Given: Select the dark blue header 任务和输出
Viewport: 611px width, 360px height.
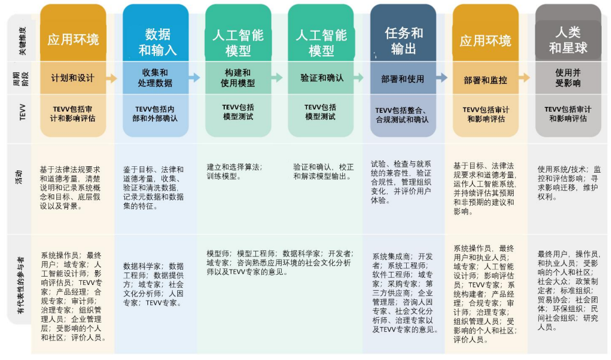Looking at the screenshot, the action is point(403,40).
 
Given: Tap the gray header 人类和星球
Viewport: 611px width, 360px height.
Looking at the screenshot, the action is point(568,40).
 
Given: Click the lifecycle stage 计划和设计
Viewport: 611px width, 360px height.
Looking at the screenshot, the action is point(73,78).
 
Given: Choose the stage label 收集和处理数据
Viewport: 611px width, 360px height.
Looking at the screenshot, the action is point(155,78).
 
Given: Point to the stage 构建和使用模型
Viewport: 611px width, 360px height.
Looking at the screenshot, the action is point(238,78).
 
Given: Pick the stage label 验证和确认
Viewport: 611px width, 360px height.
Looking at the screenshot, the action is point(321,78).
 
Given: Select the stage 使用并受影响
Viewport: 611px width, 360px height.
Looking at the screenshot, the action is point(568,78).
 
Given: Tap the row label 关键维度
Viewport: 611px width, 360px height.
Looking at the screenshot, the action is point(22,40).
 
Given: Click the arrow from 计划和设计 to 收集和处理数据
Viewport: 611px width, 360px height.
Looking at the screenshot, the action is point(112,78).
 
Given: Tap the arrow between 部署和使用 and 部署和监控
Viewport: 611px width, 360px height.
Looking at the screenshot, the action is point(442,78).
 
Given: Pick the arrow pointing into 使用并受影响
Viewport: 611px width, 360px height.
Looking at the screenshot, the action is point(524,78).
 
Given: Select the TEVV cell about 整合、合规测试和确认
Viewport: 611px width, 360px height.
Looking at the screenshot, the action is point(403,115).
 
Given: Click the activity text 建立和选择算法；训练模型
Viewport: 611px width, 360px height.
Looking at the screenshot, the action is point(235,171).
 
